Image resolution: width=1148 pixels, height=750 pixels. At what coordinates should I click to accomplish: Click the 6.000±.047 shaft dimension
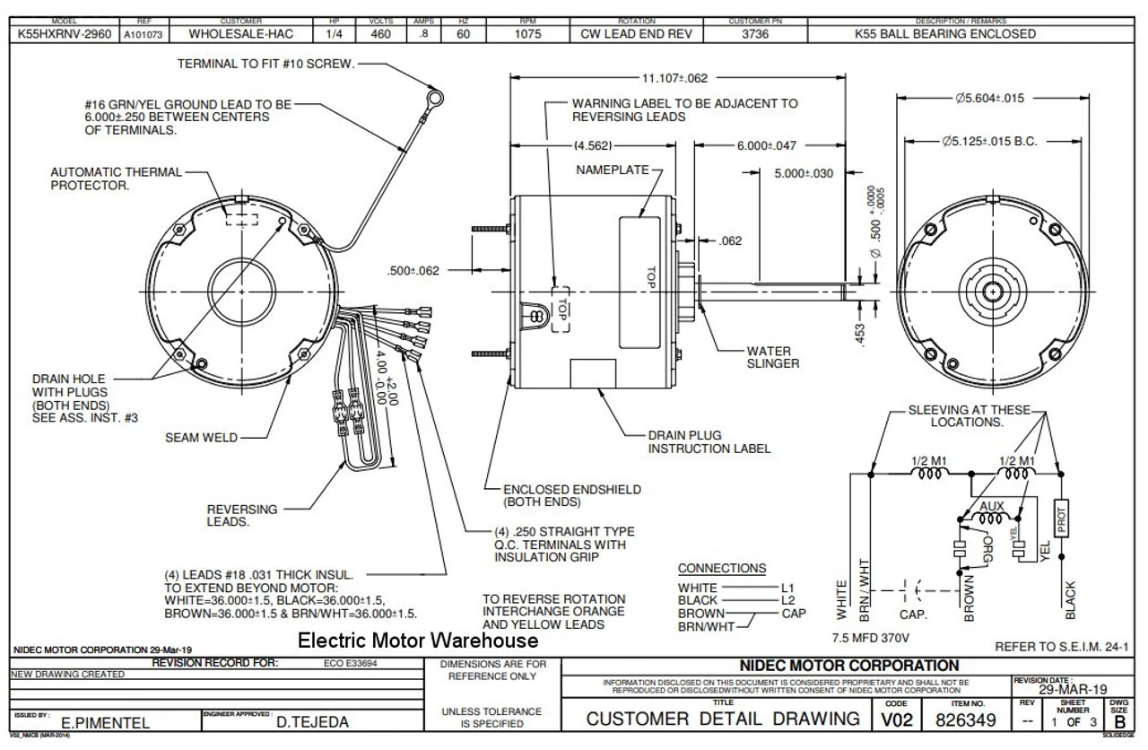coord(766,145)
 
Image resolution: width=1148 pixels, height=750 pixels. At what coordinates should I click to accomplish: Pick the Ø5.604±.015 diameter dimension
coord(989,98)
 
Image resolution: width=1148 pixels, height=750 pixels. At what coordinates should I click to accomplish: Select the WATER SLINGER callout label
coord(773,357)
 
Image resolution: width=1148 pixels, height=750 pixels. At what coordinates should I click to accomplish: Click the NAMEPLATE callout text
coord(612,170)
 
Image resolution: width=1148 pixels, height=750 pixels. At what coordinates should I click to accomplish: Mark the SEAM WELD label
coord(202,438)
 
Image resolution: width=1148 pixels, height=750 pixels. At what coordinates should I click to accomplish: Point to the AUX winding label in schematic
coord(991,507)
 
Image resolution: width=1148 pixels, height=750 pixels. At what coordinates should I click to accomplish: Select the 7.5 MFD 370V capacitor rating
coord(870,638)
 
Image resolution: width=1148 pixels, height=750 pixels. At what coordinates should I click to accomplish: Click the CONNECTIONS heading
coord(721,568)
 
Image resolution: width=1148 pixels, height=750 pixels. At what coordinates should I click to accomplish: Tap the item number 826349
coord(966,719)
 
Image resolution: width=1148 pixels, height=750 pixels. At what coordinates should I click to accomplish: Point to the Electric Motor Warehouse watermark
coord(417,641)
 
